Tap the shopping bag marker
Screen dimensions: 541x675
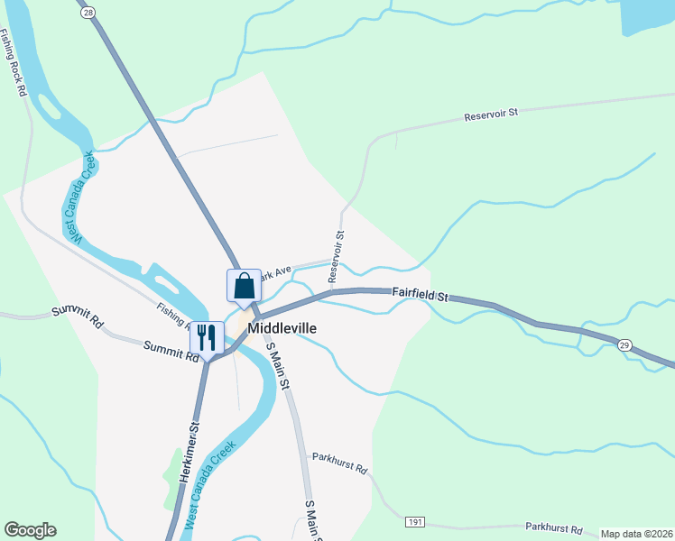pyautogui.click(x=244, y=286)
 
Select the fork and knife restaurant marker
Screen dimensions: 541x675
pyautogui.click(x=207, y=337)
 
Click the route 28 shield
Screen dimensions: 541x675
pyautogui.click(x=87, y=13)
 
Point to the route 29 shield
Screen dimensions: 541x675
pyautogui.click(x=624, y=344)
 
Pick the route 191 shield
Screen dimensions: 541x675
pyautogui.click(x=414, y=522)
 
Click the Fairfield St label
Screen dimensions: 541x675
pyautogui.click(x=420, y=294)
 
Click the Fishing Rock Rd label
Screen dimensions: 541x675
pyautogui.click(x=14, y=64)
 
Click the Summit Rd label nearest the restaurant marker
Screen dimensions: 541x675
pyautogui.click(x=169, y=351)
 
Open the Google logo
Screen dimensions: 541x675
pyautogui.click(x=30, y=530)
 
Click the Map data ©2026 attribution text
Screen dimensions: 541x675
pyautogui.click(x=636, y=534)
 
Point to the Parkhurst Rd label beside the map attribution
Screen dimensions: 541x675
pyautogui.click(x=553, y=530)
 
